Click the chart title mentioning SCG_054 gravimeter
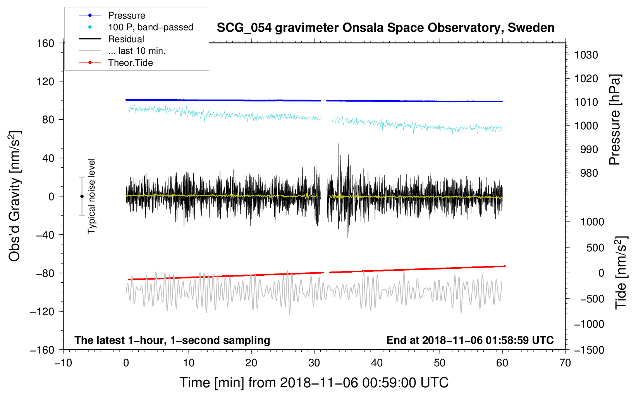pyautogui.click(x=385, y=28)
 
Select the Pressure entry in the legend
pyautogui.click(x=127, y=15)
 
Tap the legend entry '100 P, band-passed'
pyautogui.click(x=151, y=27)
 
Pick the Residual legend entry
pyautogui.click(x=126, y=39)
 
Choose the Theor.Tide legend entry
pyautogui.click(x=130, y=63)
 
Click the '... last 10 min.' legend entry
pyautogui.click(x=137, y=51)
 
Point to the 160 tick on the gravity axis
pyautogui.click(x=46, y=43)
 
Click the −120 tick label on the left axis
pyautogui.click(x=42, y=311)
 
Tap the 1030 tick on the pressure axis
pyautogui.click(x=586, y=55)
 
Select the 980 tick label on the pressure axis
pyautogui.click(x=589, y=173)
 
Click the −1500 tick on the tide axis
pyautogui.click(x=589, y=350)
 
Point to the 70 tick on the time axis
pyautogui.click(x=565, y=363)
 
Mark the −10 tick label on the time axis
pyautogui.click(x=63, y=363)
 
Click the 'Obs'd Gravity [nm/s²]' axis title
pyautogui.click(x=14, y=196)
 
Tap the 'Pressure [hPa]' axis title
pyautogui.click(x=615, y=120)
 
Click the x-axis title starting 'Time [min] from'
pyautogui.click(x=314, y=383)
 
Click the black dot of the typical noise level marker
pyautogui.click(x=82, y=196)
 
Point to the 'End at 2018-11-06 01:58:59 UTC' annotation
pyautogui.click(x=470, y=340)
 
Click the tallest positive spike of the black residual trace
pyautogui.click(x=339, y=144)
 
